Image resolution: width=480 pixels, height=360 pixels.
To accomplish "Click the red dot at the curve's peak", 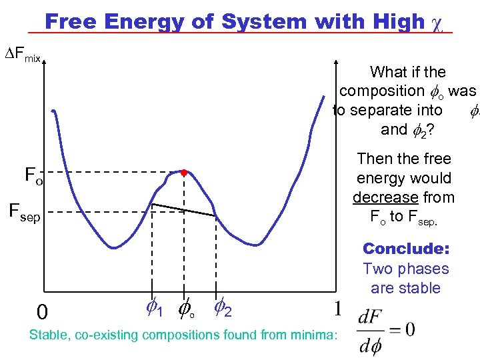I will click(x=183, y=172).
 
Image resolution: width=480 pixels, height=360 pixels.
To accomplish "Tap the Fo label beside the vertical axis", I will click(x=33, y=176).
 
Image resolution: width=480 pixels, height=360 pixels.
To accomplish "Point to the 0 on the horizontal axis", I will click(x=41, y=312).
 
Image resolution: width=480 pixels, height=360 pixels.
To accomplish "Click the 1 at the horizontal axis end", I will click(x=339, y=308).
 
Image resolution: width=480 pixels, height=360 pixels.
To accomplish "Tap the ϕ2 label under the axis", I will click(x=223, y=308).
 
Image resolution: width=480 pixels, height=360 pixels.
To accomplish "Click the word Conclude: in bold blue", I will click(x=405, y=249).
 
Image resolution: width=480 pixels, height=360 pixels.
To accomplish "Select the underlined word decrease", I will click(x=385, y=197).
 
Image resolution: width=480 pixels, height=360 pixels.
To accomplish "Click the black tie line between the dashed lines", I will click(x=184, y=209).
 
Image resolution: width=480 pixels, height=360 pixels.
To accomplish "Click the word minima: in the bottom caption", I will click(x=315, y=335).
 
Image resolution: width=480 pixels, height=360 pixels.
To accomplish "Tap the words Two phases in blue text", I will click(x=405, y=269).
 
